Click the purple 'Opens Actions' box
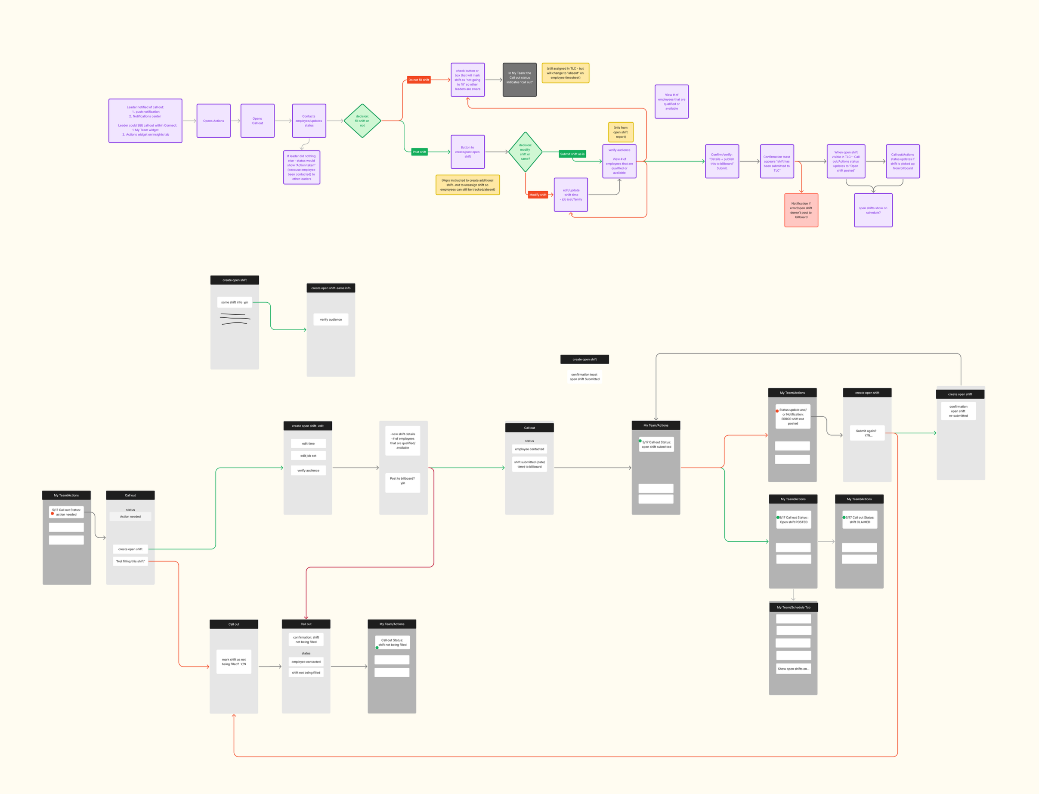coord(213,121)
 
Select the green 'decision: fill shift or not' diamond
coord(362,121)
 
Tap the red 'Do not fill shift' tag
coord(419,80)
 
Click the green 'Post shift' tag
coord(419,152)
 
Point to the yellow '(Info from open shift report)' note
coord(620,132)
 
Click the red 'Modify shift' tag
coord(538,195)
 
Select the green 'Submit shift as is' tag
coord(572,154)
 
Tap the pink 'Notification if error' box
coord(801,210)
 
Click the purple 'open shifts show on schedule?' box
coord(873,210)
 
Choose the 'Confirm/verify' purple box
coord(721,161)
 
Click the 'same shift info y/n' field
coord(234,302)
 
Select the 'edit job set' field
coord(308,456)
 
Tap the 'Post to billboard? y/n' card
coord(402,481)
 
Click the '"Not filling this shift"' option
coord(130,561)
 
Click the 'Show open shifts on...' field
coord(793,669)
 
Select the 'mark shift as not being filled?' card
coord(234,662)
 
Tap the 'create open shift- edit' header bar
coord(308,426)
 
